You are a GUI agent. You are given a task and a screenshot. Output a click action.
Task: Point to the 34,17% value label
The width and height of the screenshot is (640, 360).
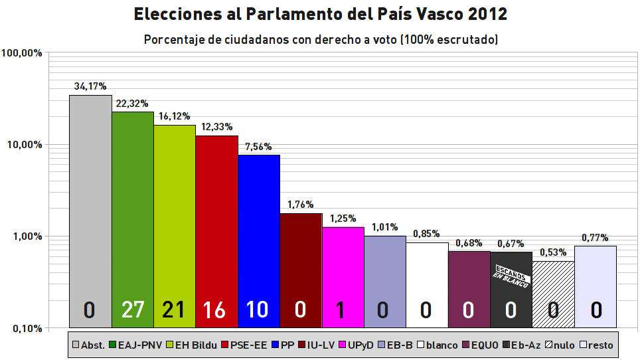point(90,86)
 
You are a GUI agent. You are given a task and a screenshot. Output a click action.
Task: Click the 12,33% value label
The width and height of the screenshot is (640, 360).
point(216,127)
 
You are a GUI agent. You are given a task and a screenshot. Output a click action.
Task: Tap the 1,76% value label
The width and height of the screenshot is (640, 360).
point(300,205)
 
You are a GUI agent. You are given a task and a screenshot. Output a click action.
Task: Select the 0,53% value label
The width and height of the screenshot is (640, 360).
point(553,252)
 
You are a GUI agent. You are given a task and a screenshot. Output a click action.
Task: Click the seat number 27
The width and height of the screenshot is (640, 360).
point(133,310)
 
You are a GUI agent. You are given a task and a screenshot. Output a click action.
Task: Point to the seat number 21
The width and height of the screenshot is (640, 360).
point(175,310)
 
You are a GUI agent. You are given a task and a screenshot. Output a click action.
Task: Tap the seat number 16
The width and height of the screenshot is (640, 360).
point(216,310)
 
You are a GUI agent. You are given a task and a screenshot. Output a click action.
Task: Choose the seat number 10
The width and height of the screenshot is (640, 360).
point(258,310)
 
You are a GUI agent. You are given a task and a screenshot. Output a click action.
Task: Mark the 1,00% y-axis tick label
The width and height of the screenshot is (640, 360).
point(25,236)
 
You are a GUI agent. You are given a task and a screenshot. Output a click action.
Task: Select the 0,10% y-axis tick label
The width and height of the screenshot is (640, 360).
point(25,328)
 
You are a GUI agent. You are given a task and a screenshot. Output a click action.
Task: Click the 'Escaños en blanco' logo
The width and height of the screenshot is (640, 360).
point(511,276)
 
